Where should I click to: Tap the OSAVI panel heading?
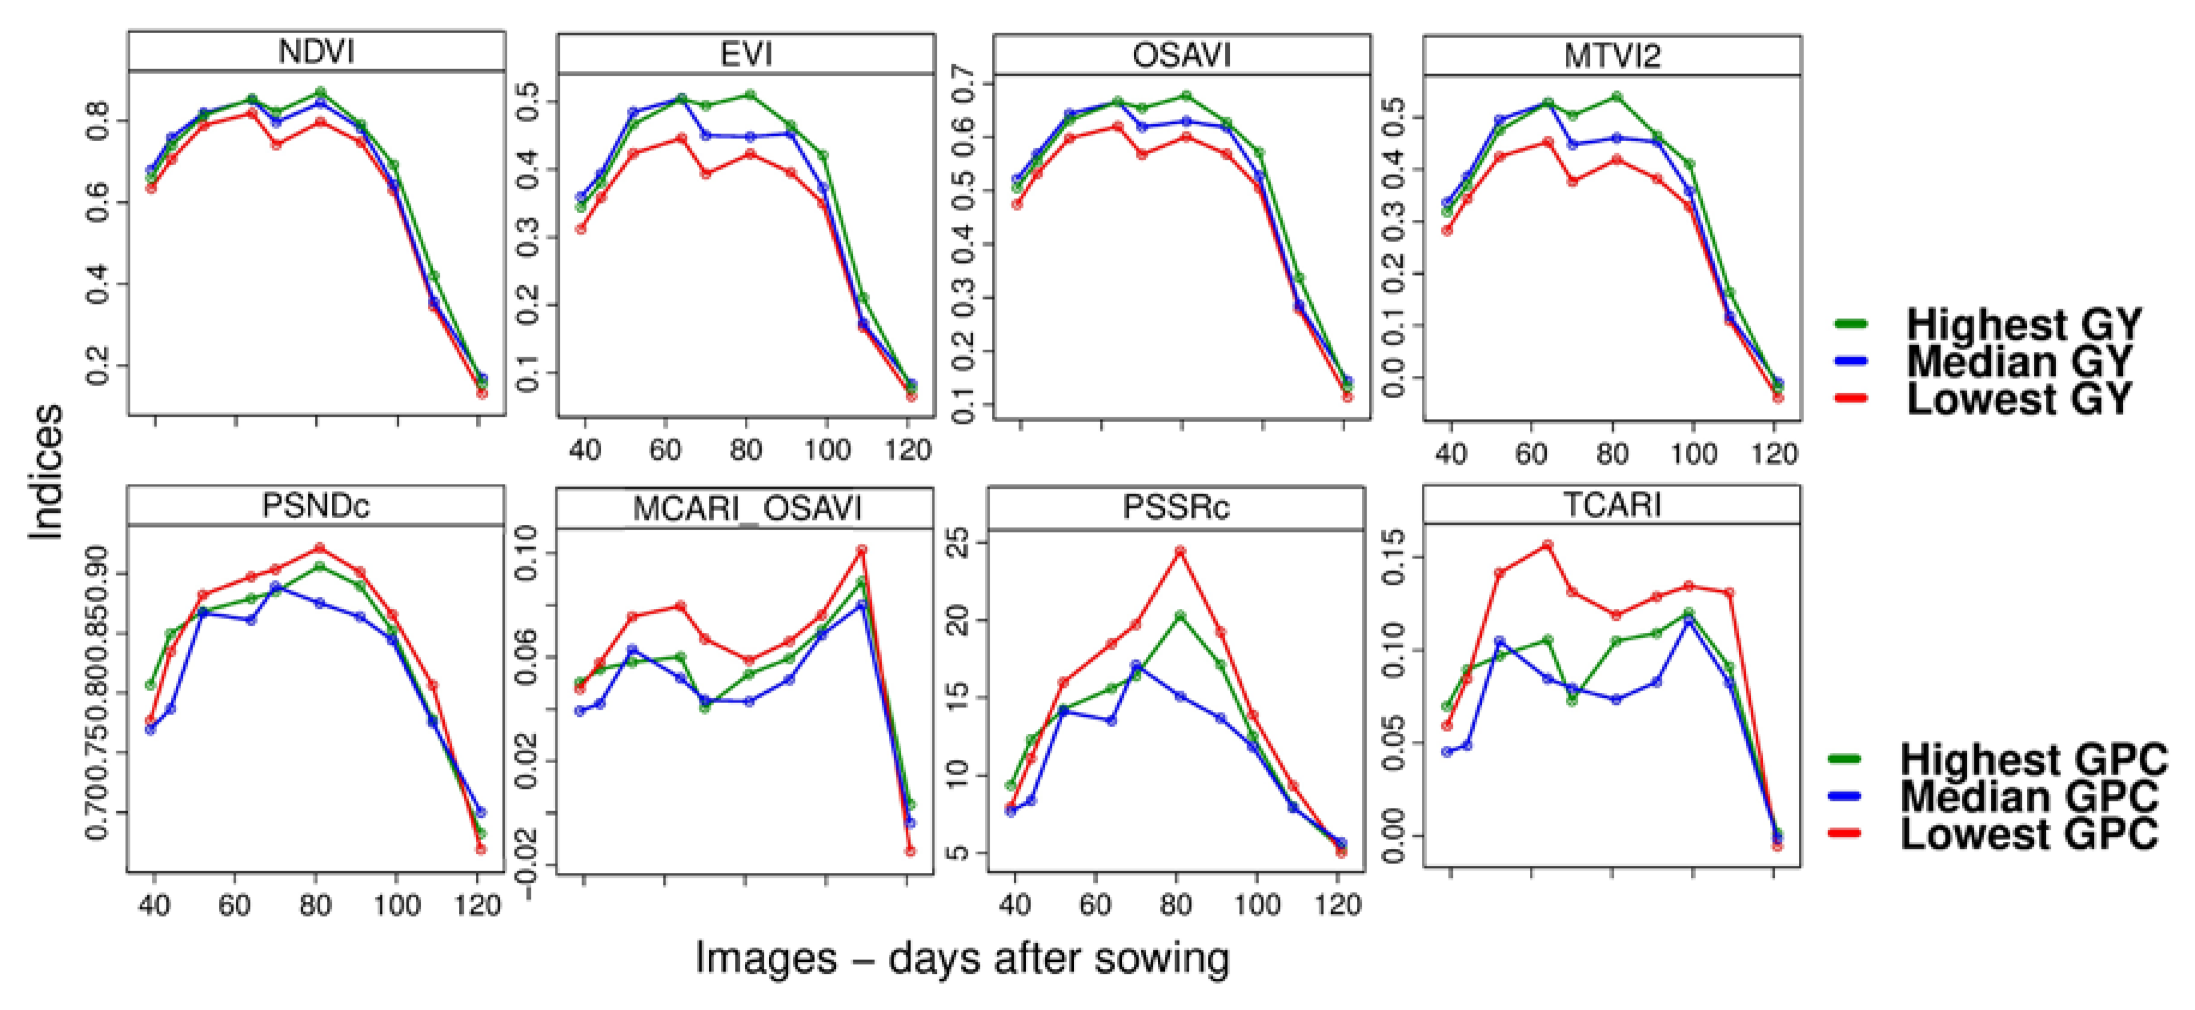click(1181, 55)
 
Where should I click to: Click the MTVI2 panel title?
click(1612, 56)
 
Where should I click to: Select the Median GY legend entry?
click(2018, 361)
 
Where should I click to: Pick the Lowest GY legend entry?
click(2018, 399)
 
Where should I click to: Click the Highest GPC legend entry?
click(2033, 758)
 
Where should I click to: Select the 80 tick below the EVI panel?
click(745, 450)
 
